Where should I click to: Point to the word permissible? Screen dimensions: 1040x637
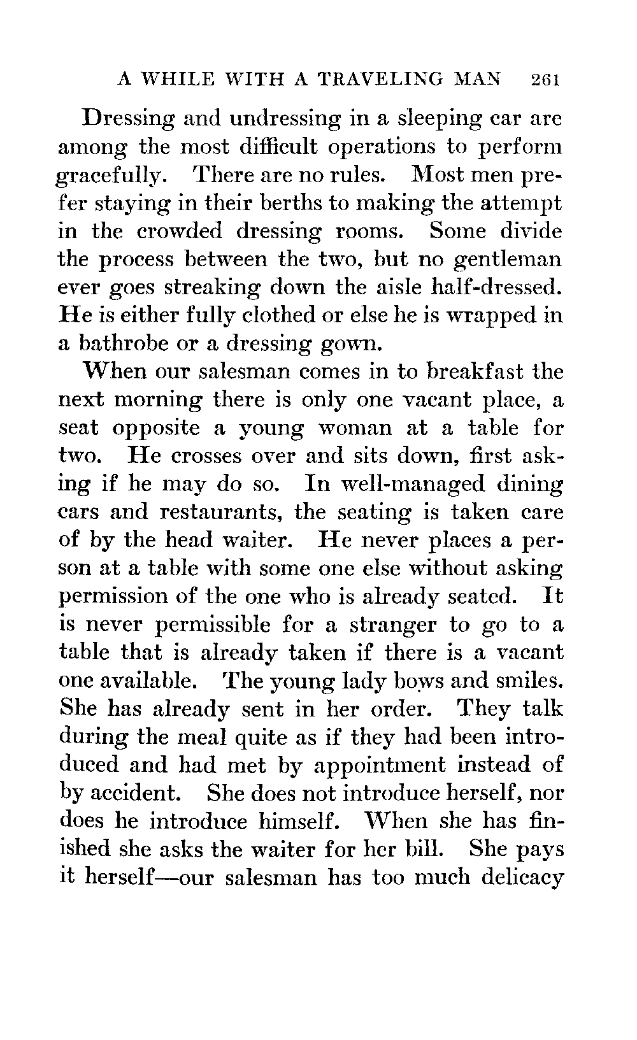240,625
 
